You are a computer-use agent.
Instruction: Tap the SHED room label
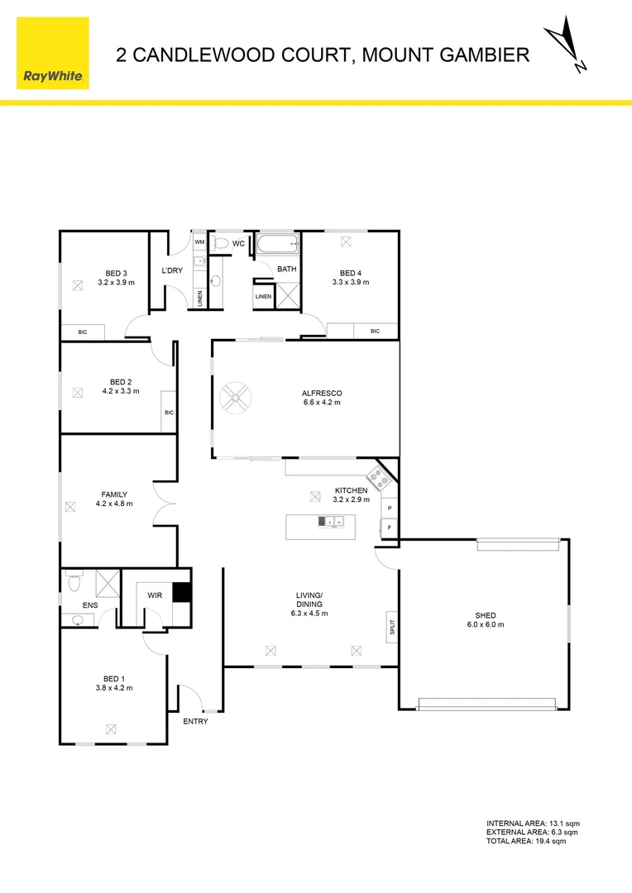[486, 615]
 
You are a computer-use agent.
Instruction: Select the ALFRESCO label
[322, 393]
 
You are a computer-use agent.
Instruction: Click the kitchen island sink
[333, 521]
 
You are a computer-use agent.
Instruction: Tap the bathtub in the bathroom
[277, 245]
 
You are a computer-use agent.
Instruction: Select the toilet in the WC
[219, 244]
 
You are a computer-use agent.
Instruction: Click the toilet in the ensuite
[73, 584]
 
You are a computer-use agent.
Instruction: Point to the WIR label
[154, 594]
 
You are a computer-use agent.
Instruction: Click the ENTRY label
[196, 721]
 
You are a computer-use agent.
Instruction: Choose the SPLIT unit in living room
[392, 626]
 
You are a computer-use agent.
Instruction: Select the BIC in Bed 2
[169, 412]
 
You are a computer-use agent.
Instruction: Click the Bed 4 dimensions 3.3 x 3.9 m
[350, 282]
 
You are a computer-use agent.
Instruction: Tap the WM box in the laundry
[199, 241]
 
